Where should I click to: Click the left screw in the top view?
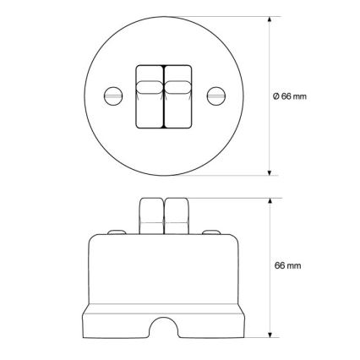pyautogui.click(x=113, y=95)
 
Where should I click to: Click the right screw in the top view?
pyautogui.click(x=216, y=95)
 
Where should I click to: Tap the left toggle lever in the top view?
pyautogui.click(x=150, y=97)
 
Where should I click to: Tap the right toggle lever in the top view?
pyautogui.click(x=178, y=97)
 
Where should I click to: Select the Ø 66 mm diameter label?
pyautogui.click(x=289, y=96)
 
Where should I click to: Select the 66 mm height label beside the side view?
pyautogui.click(x=287, y=265)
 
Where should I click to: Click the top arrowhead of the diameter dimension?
pyautogui.click(x=270, y=19)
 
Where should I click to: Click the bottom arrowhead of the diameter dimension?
pyautogui.click(x=270, y=172)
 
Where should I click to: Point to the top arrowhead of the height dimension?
pyautogui.click(x=270, y=201)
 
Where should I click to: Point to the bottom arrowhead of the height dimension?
pyautogui.click(x=270, y=335)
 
